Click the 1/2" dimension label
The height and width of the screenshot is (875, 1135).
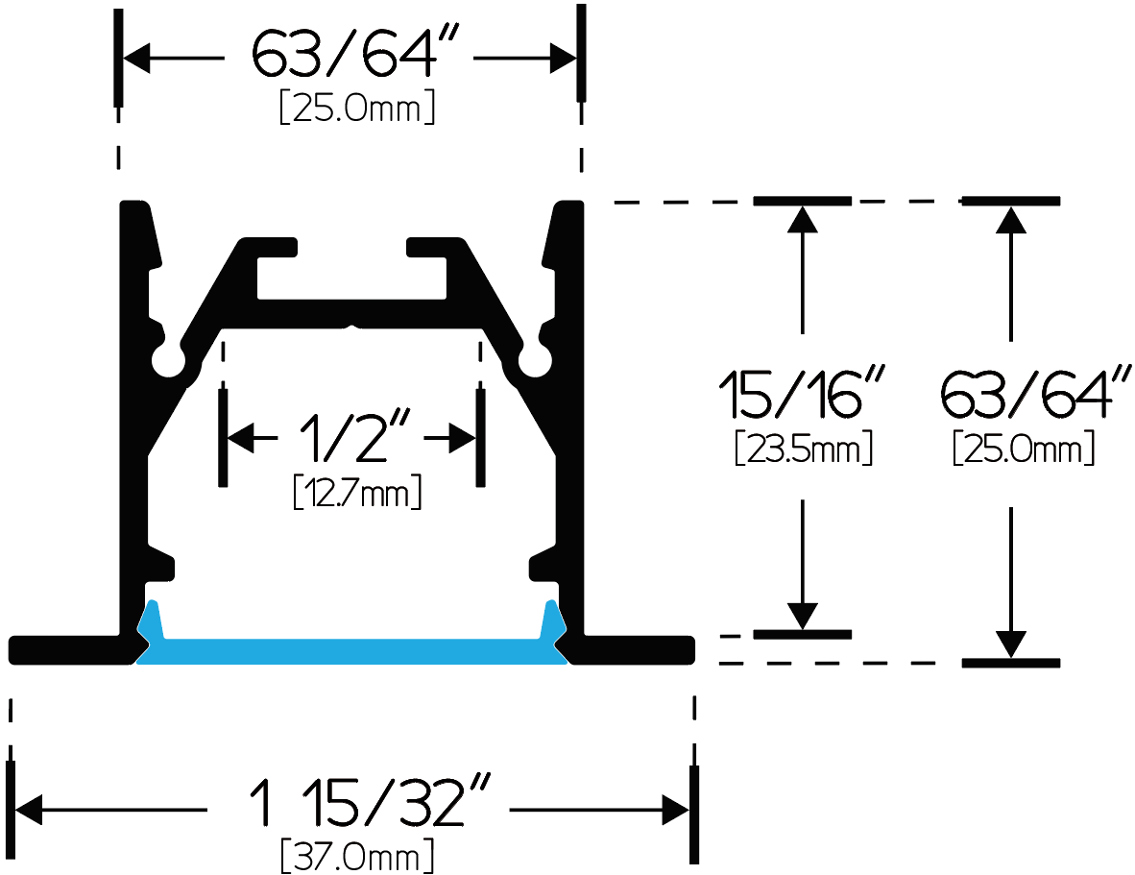pos(354,436)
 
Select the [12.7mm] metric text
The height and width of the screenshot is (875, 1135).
pos(357,492)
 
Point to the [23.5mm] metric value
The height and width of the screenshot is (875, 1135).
pos(804,448)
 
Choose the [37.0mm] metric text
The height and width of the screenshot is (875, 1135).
pos(357,856)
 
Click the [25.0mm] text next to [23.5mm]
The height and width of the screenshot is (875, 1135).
pos(1024,448)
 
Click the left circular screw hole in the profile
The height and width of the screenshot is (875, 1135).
pos(168,359)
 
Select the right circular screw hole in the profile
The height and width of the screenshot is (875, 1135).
pos(535,359)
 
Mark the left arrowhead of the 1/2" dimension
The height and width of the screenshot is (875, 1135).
pos(241,438)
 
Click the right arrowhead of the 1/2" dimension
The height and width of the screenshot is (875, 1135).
pos(463,438)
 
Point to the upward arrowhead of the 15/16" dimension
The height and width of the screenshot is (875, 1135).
pos(802,220)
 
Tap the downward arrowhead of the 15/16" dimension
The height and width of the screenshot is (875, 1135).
pos(802,616)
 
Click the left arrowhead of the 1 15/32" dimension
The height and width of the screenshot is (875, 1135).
pos(29,810)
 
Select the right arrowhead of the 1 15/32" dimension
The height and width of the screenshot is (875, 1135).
pos(675,810)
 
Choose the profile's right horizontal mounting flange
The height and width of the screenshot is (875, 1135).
pos(633,649)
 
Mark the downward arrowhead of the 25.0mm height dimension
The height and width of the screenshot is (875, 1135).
pos(1010,644)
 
